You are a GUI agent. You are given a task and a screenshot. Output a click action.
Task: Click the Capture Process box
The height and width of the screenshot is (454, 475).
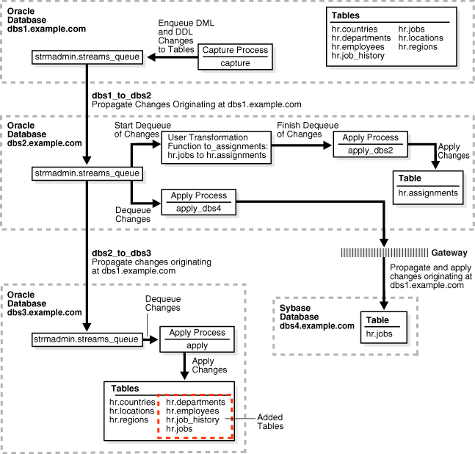(x=236, y=57)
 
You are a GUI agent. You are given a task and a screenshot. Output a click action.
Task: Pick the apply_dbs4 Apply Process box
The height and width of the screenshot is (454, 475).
(x=200, y=201)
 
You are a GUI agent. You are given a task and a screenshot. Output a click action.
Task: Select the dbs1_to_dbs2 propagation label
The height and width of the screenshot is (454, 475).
(x=122, y=96)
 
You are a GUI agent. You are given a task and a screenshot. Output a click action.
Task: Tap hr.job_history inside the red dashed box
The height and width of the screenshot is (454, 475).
(x=192, y=419)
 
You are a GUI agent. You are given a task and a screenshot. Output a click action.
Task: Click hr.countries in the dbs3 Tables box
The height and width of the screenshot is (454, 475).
(x=132, y=402)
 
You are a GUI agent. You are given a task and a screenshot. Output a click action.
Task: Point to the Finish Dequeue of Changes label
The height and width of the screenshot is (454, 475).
(x=299, y=129)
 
